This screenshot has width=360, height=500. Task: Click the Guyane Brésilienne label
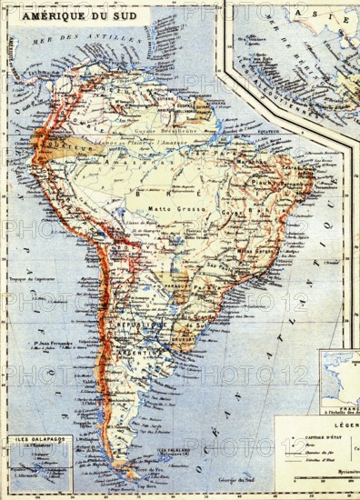pos(169,133)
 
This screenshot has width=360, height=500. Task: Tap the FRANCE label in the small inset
pos(347,385)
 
